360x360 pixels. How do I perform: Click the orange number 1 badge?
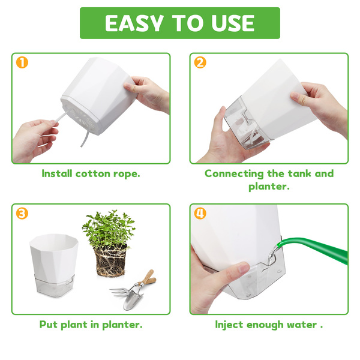[x=22, y=62]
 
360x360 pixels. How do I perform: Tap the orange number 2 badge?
[x=200, y=62]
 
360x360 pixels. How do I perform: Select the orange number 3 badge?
[x=22, y=214]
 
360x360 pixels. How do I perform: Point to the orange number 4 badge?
[x=200, y=214]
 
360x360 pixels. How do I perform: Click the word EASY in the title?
[x=134, y=23]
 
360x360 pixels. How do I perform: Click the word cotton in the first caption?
[x=93, y=173]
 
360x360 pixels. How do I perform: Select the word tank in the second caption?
[x=299, y=173]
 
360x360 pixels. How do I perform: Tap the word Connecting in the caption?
[x=234, y=174]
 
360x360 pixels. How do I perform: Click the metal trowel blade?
[x=130, y=301]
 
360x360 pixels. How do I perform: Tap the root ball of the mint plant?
[x=111, y=262]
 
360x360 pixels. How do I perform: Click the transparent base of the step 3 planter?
[x=55, y=286]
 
